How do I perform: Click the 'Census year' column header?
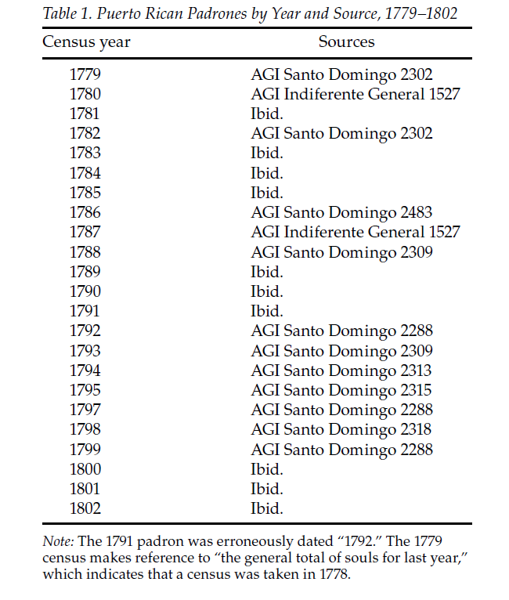point(86,42)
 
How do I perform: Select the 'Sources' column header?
point(346,42)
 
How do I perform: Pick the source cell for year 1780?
point(355,95)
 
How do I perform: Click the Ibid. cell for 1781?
point(266,114)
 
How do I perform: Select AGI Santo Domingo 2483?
point(341,212)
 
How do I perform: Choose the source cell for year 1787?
point(355,232)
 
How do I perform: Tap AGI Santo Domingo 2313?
point(341,370)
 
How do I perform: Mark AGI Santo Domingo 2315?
point(341,390)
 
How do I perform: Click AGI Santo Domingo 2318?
point(341,429)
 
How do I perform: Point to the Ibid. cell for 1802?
point(266,508)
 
